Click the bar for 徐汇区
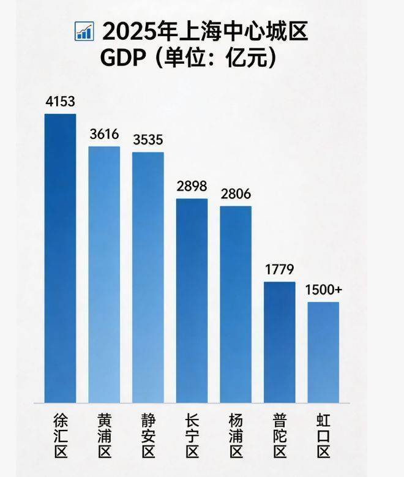point(60,257)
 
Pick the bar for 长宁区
point(192,300)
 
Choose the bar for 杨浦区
point(236,304)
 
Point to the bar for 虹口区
point(323,352)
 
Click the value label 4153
point(60,102)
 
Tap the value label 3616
point(104,134)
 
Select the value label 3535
point(148,140)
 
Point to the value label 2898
point(192,186)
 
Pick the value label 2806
point(236,193)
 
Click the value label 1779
point(280,269)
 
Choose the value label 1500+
point(323,289)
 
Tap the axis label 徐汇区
point(60,436)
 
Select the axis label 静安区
point(148,436)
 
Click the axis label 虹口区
point(323,436)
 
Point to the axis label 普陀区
point(280,436)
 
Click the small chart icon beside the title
point(83,31)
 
